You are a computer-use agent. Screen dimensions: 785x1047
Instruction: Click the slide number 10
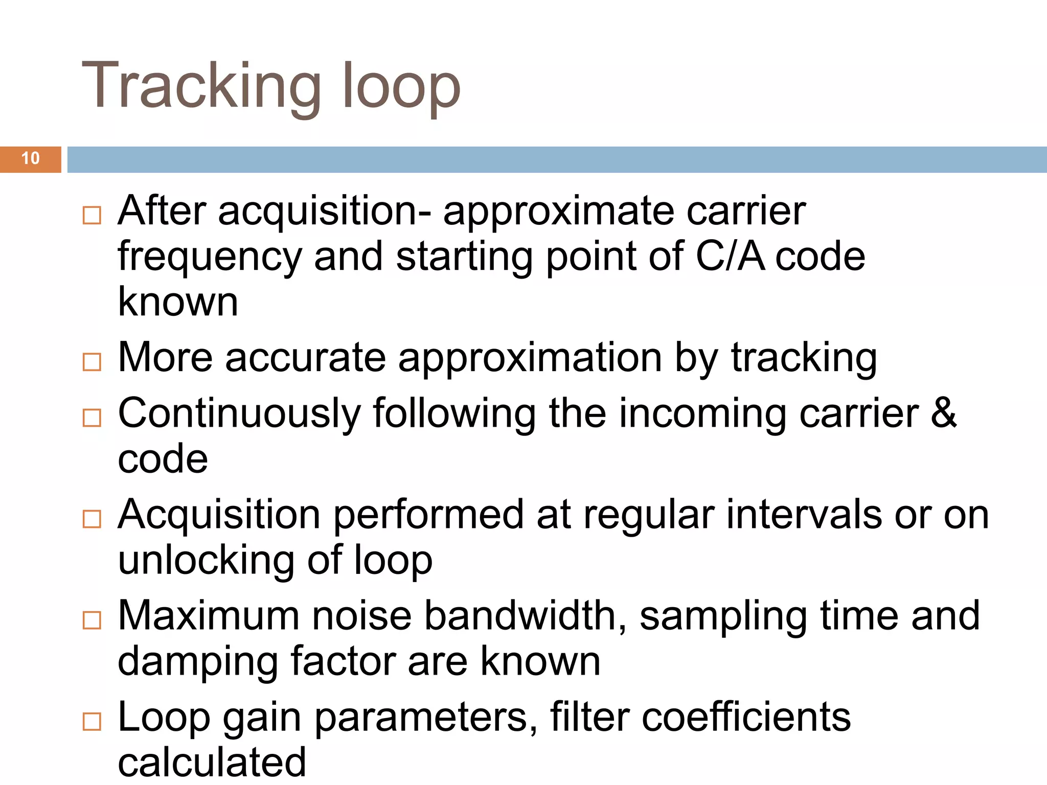tap(31, 158)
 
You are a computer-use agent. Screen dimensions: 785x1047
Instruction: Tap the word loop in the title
tap(401, 87)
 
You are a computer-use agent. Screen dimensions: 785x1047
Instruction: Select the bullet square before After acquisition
tap(92, 215)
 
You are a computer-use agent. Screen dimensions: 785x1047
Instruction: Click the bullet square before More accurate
tap(92, 362)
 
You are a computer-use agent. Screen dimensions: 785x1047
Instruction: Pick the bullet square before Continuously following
tap(92, 418)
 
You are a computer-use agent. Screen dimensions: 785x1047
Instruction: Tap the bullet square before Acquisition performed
tap(92, 519)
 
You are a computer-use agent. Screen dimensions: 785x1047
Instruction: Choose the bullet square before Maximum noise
tap(92, 620)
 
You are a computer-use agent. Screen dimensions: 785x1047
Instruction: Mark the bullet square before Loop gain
tap(92, 721)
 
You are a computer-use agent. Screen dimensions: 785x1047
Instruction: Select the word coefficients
tap(746, 717)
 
